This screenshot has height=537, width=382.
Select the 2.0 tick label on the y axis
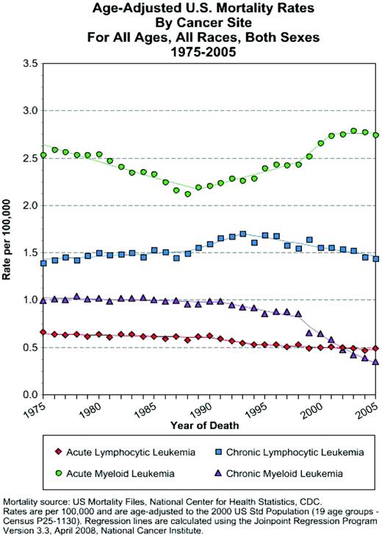pyautogui.click(x=29, y=206)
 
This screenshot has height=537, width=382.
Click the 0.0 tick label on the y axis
pyautogui.click(x=29, y=395)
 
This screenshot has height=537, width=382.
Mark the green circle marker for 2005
pyautogui.click(x=376, y=135)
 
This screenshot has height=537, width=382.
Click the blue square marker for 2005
pyautogui.click(x=376, y=259)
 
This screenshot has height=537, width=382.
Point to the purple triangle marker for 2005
pyautogui.click(x=376, y=361)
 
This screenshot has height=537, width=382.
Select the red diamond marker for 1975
pyautogui.click(x=43, y=332)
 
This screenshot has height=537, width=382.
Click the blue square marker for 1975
pyautogui.click(x=43, y=263)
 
